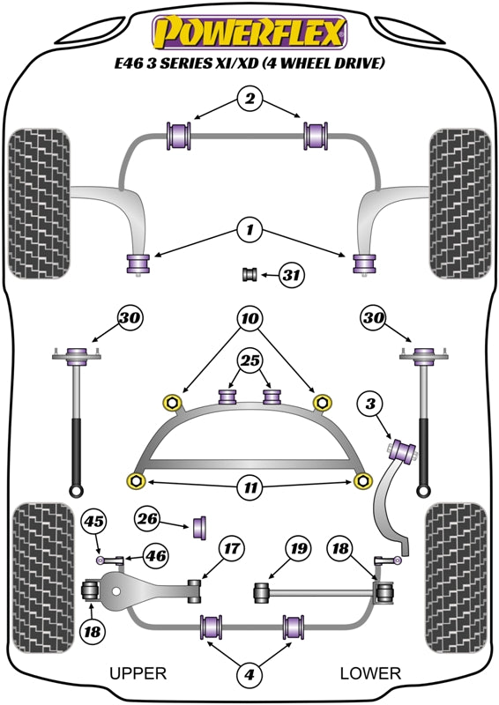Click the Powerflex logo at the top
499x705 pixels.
tap(249, 32)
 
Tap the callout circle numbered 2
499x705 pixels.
tap(249, 98)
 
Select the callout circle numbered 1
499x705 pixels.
tap(249, 231)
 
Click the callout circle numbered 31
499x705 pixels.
tap(291, 275)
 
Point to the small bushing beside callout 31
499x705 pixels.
tap(249, 274)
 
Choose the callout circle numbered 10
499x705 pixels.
tap(249, 319)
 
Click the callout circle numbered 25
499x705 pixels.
tap(249, 360)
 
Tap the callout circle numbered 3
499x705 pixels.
tap(370, 404)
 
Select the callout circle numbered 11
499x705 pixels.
tap(249, 487)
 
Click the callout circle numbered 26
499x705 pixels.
tap(147, 519)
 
